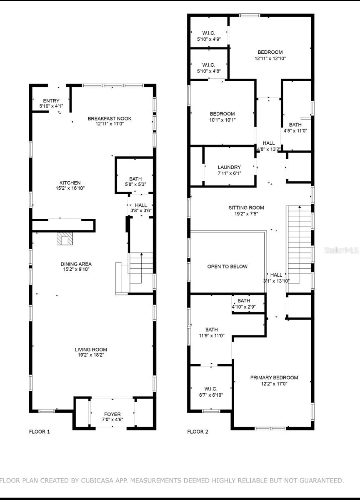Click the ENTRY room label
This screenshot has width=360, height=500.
(51, 101)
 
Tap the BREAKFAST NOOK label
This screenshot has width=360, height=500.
(109, 119)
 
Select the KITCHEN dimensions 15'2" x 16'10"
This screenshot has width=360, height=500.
(70, 189)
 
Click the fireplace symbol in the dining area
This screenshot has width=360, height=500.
(65, 239)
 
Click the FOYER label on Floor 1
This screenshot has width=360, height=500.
(112, 414)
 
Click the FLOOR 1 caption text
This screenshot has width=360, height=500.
(39, 432)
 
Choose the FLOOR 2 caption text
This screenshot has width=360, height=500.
(197, 432)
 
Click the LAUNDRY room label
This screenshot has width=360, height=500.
(229, 167)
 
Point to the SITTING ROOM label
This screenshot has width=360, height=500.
(246, 207)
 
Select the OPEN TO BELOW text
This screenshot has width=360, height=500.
(227, 267)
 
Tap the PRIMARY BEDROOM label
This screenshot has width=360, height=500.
(274, 377)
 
